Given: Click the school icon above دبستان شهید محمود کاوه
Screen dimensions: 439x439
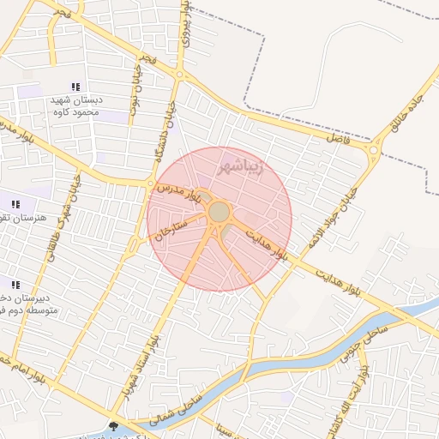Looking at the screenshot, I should pyautogui.click(x=75, y=87).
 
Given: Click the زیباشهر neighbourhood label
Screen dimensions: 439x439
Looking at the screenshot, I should pyautogui.click(x=244, y=162).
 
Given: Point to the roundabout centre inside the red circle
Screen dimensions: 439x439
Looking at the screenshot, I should pyautogui.click(x=219, y=211).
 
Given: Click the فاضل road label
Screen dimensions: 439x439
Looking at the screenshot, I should pyautogui.click(x=335, y=135).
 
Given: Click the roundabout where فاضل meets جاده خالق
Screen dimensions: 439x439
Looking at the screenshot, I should pyautogui.click(x=373, y=152).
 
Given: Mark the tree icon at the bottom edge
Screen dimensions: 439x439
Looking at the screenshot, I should pyautogui.click(x=115, y=426).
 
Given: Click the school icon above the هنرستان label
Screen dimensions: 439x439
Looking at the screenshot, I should pyautogui.click(x=15, y=204).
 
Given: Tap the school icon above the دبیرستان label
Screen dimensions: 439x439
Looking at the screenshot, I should pyautogui.click(x=15, y=285).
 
